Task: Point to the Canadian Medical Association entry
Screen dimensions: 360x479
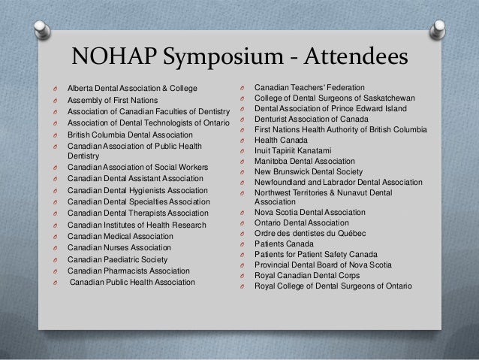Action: point(120,236)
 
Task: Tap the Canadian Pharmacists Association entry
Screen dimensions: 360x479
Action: point(129,271)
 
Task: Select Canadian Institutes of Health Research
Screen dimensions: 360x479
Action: point(136,225)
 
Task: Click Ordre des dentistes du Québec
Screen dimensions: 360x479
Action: point(308,235)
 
